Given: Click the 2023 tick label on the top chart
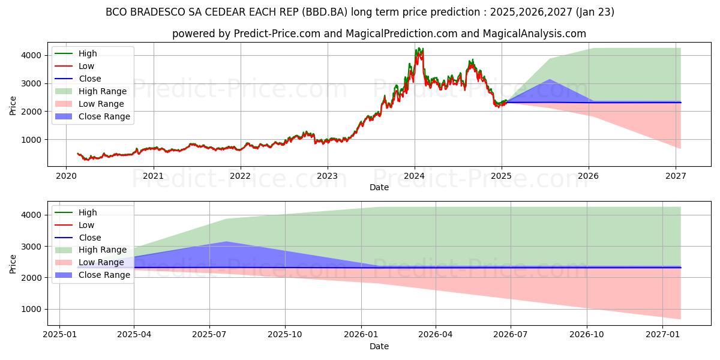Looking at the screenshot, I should (327, 176).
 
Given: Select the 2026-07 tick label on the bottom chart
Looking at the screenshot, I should (511, 335).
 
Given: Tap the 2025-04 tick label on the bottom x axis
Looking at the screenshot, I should (134, 335).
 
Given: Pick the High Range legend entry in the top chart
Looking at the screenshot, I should (102, 91).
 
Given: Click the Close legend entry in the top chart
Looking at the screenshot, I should (89, 79).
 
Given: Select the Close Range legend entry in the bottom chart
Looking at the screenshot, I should (104, 275).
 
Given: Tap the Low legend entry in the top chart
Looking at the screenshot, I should (86, 66).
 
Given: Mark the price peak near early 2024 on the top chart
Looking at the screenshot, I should (418, 49).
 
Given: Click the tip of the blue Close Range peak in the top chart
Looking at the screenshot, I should (549, 79).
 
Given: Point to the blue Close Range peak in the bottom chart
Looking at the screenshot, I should (226, 242).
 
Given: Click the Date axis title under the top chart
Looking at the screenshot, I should (379, 187).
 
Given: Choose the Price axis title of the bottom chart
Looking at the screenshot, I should (13, 263).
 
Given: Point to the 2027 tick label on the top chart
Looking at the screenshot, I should (676, 176).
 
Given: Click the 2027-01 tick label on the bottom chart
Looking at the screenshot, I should (662, 335).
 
